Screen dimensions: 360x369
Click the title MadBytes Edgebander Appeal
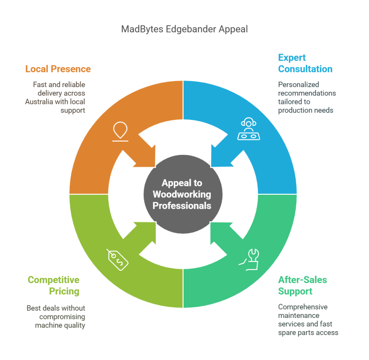pyautogui.click(x=184, y=29)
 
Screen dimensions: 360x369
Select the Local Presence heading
pyautogui.click(x=58, y=69)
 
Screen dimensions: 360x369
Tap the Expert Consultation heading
pyautogui.click(x=305, y=63)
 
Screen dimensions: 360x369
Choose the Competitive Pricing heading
pyautogui.click(x=53, y=285)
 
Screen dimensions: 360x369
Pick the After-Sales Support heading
pyautogui.click(x=302, y=285)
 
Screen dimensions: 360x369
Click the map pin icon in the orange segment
pyautogui.click(x=120, y=131)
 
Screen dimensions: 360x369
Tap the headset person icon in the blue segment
pyautogui.click(x=248, y=130)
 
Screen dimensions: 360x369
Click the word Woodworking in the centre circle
pyautogui.click(x=182, y=194)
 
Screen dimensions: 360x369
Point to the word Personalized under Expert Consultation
pyautogui.click(x=298, y=85)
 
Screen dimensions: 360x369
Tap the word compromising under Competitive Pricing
pyautogui.click(x=62, y=317)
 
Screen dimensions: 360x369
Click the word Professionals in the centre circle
pyautogui.click(x=182, y=206)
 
